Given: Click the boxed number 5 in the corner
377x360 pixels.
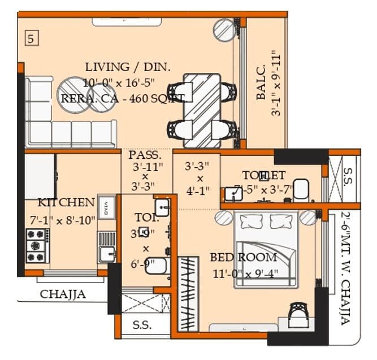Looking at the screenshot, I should (x=32, y=39).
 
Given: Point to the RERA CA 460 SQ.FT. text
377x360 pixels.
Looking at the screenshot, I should (x=124, y=98).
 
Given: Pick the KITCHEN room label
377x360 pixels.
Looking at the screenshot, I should (x=66, y=202).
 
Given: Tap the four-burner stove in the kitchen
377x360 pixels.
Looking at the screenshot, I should (x=36, y=245).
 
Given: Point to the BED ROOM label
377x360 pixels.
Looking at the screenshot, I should (x=244, y=258).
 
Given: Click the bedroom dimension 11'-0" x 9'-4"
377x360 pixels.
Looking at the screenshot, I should (x=244, y=275).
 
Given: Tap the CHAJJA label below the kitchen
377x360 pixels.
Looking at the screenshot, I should (x=63, y=294).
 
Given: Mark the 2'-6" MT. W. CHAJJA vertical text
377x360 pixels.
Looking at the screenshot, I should (x=345, y=268).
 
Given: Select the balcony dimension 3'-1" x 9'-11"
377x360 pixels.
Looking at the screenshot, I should (x=276, y=84).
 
